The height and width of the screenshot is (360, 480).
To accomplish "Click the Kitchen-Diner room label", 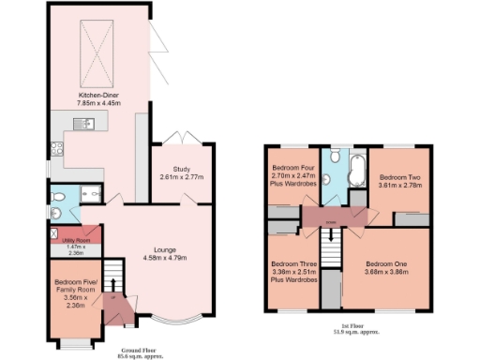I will [x=97, y=96].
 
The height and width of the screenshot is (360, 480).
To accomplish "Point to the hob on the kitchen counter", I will [x=57, y=148].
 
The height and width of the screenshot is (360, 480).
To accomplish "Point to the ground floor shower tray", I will [x=90, y=194].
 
